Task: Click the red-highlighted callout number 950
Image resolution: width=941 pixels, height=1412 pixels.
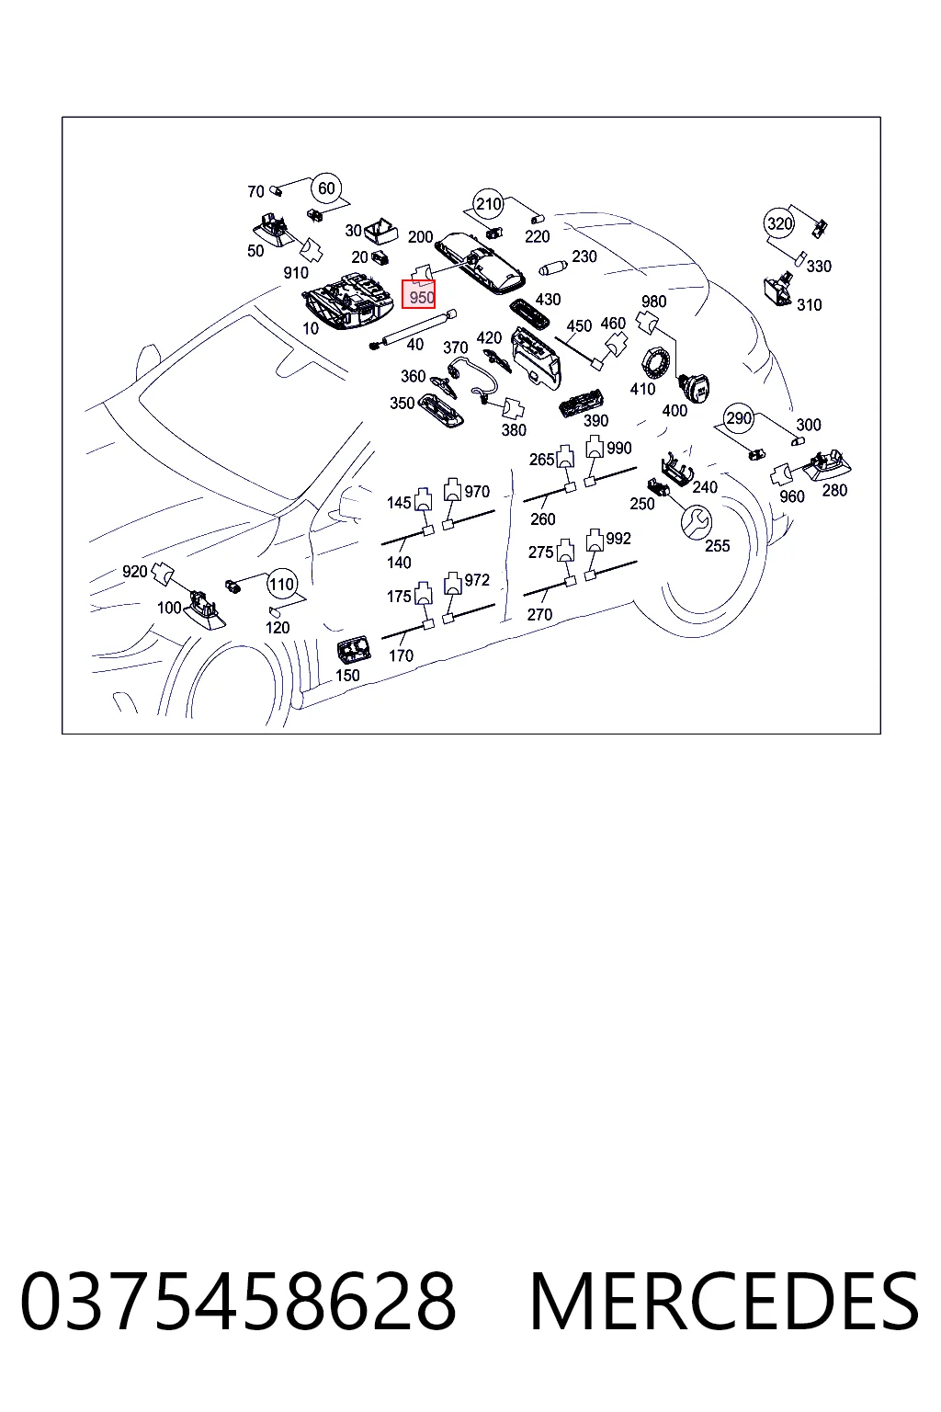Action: (x=421, y=297)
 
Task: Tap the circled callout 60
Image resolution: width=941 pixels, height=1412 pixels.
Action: (x=326, y=188)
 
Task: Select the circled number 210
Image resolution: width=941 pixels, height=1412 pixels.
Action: (x=488, y=203)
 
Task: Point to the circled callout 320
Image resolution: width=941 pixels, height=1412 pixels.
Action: (x=779, y=223)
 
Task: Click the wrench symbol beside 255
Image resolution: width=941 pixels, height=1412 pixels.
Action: (x=697, y=522)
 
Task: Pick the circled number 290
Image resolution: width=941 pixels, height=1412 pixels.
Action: (x=739, y=418)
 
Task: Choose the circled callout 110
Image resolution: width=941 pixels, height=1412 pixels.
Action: (x=282, y=584)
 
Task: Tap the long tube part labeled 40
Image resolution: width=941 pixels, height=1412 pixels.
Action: (x=414, y=329)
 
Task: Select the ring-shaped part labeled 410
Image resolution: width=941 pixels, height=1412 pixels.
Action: (x=656, y=365)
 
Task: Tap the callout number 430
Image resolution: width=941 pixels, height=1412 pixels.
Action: (x=548, y=300)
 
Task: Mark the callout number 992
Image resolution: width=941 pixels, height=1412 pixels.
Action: (x=618, y=539)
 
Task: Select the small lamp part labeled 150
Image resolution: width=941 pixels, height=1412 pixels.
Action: (x=354, y=650)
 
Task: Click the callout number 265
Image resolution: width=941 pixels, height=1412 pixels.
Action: (x=541, y=459)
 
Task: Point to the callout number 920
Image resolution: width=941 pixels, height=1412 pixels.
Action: (x=134, y=571)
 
